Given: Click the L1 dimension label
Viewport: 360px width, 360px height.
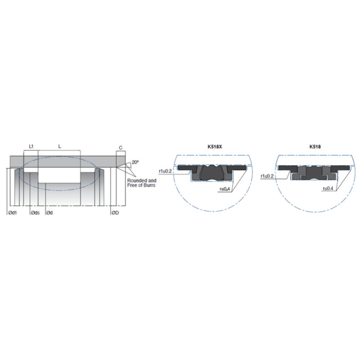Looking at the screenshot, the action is point(31,147).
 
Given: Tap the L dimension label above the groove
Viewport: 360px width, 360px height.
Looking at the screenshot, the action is point(60,147).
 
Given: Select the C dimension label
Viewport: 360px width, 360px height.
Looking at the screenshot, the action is point(121,148).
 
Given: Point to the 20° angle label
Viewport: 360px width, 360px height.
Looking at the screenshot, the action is point(135,162).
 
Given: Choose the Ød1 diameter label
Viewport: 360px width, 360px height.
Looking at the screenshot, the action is point(13,213).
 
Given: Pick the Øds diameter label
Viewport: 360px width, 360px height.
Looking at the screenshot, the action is point(36,213).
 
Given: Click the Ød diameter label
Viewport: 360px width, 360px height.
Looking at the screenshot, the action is point(49,213).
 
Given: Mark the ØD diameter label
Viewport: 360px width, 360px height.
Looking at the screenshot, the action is point(115,213).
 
